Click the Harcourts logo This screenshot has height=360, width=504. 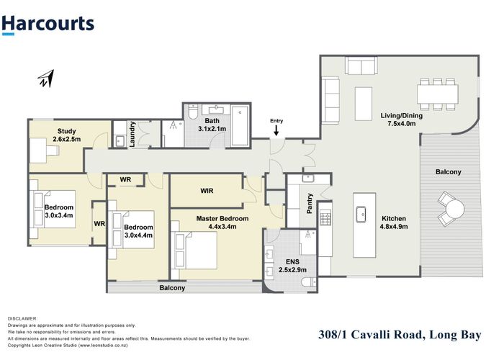pyautogui.click(x=48, y=24)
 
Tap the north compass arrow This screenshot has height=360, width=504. pyautogui.click(x=46, y=78)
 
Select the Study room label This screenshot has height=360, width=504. pyautogui.click(x=66, y=131)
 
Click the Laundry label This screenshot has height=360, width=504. pyautogui.click(x=132, y=134)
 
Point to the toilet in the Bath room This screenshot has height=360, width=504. pyautogui.click(x=193, y=113)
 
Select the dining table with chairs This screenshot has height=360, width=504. pyautogui.click(x=437, y=92)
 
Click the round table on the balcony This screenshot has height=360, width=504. pyautogui.click(x=454, y=210)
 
